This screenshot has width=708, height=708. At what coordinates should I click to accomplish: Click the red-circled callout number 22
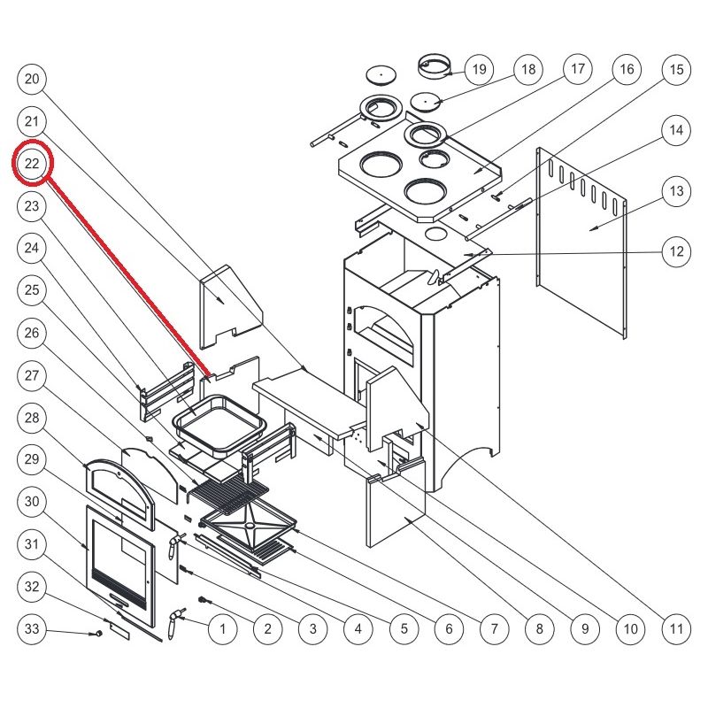tap(33, 164)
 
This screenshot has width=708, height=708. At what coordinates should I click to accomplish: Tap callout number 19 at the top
tap(479, 69)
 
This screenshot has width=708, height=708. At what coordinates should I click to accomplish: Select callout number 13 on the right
tap(675, 191)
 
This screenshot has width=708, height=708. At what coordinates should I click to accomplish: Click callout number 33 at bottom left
tap(33, 630)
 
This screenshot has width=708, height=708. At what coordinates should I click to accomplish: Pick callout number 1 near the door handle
tap(222, 630)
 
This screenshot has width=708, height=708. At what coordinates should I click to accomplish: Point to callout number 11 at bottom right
tap(675, 630)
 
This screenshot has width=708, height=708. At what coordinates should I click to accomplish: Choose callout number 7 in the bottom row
tap(493, 630)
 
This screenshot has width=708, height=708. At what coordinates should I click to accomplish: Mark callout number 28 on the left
tap(33, 418)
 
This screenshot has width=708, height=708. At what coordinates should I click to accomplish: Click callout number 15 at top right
tap(675, 69)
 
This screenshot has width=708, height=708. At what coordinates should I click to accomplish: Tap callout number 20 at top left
tap(33, 79)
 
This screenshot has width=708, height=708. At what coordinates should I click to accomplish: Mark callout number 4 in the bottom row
tap(358, 630)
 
